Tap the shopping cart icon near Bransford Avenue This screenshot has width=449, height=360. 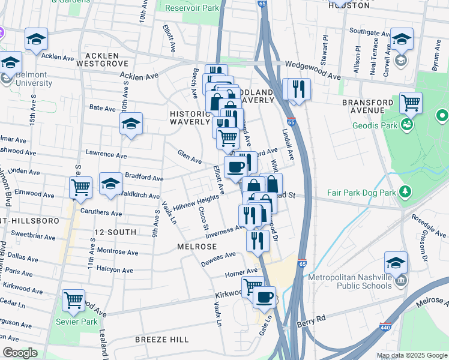pyautogui.click(x=411, y=103)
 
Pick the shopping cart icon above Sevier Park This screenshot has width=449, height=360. pyautogui.click(x=74, y=298)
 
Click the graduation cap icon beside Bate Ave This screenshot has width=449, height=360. pyautogui.click(x=131, y=123)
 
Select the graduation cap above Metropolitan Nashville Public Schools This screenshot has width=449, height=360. pyautogui.click(x=396, y=262)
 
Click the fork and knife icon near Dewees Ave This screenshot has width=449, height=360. pyautogui.click(x=258, y=241)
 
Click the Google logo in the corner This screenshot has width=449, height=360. pyautogui.click(x=20, y=353)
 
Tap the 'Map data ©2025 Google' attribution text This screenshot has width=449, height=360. pyautogui.click(x=412, y=355)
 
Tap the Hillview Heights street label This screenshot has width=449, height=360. pyautogui.click(x=196, y=202)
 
